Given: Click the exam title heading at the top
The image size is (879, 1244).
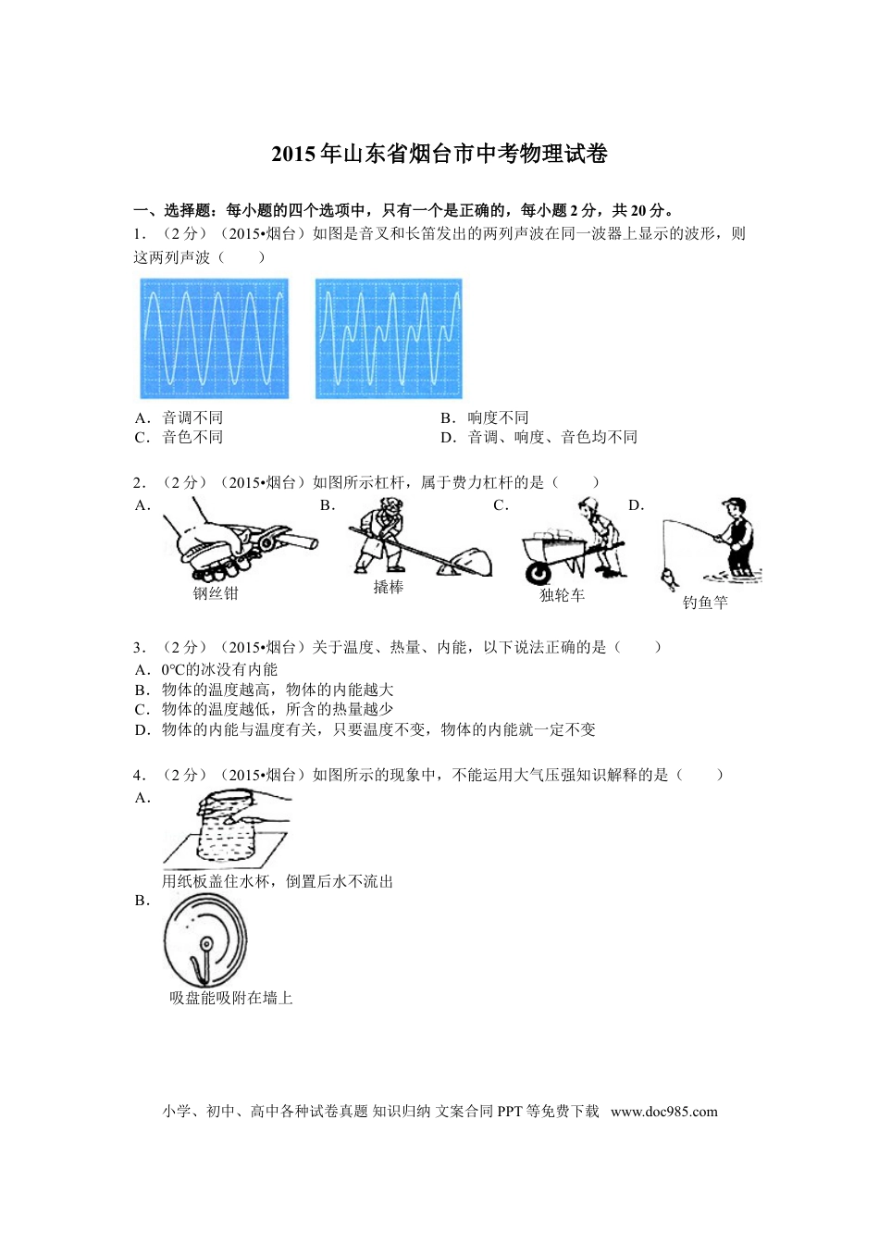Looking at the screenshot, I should pos(439,155).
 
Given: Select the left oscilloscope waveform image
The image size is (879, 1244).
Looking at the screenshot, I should pos(215,339).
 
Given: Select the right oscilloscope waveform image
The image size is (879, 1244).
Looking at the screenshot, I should pos(389,339).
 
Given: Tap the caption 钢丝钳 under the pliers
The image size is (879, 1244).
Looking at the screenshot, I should pos(216,593).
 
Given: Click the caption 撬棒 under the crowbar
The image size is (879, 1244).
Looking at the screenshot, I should pos(389,587).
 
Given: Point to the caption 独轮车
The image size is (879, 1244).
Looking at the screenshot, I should pos(563,595).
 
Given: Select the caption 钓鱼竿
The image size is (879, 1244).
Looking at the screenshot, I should pos(705,603).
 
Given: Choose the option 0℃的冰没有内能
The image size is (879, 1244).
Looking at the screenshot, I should pos(219,669).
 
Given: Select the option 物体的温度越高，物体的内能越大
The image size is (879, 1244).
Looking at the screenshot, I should pos(278,690).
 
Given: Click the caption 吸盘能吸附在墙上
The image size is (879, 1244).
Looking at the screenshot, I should pos(231,998).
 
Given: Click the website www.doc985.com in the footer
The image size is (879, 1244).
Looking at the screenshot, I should pos(663,1112).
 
